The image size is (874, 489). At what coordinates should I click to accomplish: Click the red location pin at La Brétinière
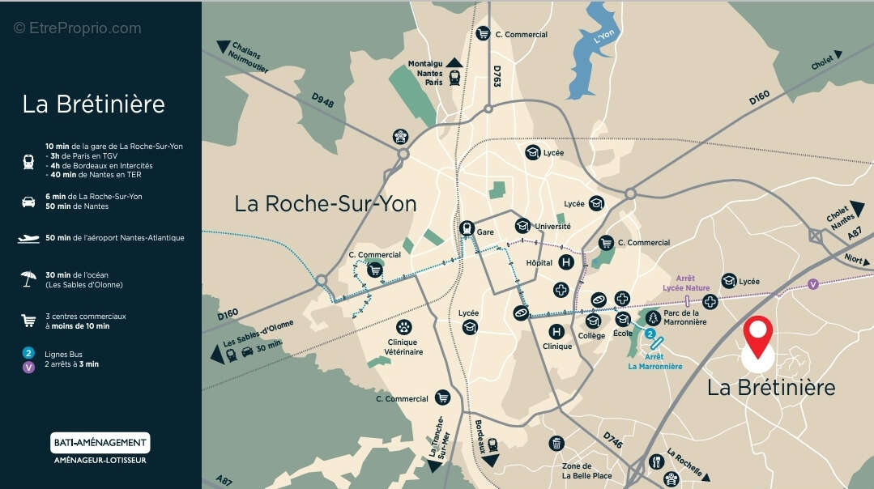pyautogui.click(x=758, y=335)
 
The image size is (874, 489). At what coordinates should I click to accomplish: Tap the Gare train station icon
pyautogui.click(x=467, y=228)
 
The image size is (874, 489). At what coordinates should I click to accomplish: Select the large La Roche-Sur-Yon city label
pyautogui.click(x=326, y=203)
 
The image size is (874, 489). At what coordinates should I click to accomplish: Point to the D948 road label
pyautogui.click(x=322, y=100)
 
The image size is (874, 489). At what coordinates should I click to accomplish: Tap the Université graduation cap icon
pyautogui.click(x=522, y=226)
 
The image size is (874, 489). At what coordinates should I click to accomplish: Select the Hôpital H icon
pyautogui.click(x=567, y=262)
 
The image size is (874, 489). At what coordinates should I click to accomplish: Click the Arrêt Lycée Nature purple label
pyautogui.click(x=686, y=283)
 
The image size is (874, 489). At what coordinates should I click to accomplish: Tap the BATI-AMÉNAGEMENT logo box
pyautogui.click(x=100, y=443)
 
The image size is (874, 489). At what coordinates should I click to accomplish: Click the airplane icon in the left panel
pyautogui.click(x=28, y=239)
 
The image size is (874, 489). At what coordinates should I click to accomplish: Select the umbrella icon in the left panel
pyautogui.click(x=28, y=279)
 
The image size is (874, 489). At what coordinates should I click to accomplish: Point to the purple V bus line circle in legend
pyautogui.click(x=28, y=367)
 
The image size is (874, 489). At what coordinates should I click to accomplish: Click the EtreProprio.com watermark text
pyautogui.click(x=78, y=28)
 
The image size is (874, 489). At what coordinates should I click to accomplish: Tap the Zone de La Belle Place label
pyautogui.click(x=586, y=470)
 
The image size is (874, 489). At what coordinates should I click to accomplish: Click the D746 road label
pyautogui.click(x=613, y=441)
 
